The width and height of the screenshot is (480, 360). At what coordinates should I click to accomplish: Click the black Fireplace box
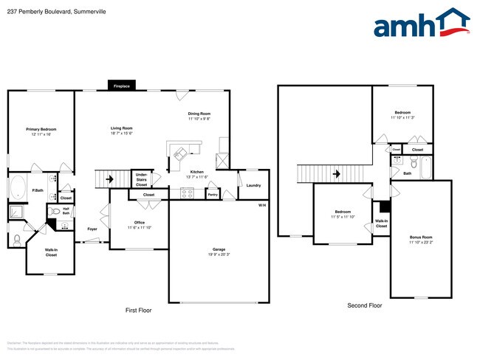pyautogui.click(x=122, y=86)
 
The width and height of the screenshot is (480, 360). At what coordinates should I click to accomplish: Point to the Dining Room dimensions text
pyautogui.click(x=199, y=119)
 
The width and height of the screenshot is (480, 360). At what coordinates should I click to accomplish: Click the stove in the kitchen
pyautogui.click(x=187, y=194)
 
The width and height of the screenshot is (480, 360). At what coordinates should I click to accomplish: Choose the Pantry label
pyautogui.click(x=213, y=195)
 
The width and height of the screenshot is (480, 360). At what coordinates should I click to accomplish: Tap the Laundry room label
pyautogui.click(x=253, y=185)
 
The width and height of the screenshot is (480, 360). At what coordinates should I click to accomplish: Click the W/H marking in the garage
pyautogui.click(x=262, y=204)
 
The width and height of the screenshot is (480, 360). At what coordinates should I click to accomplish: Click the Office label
pyautogui.click(x=138, y=222)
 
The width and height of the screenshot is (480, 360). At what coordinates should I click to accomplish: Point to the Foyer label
pyautogui.click(x=92, y=229)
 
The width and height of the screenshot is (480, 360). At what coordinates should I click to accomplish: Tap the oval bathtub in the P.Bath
pyautogui.click(x=19, y=184)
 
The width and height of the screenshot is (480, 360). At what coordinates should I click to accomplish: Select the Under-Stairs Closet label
pyautogui.click(x=141, y=180)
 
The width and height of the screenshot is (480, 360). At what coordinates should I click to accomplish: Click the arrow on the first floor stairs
pyautogui.click(x=108, y=178)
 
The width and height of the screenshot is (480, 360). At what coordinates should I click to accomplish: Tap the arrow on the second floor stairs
pyautogui.click(x=336, y=175)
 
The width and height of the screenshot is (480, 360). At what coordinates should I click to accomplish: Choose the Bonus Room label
pyautogui.click(x=421, y=237)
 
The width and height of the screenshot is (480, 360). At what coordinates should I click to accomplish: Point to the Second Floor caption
pyautogui.click(x=364, y=305)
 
